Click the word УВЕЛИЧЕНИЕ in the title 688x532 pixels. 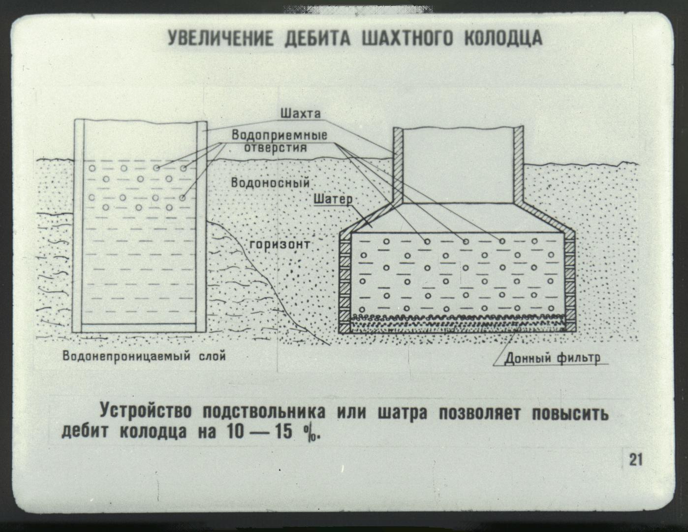tap(220, 39)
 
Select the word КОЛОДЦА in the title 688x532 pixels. tap(503, 39)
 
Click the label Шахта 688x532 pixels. tap(301, 113)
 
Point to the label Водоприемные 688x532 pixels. tap(279, 135)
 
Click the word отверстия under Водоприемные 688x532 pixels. tap(276, 148)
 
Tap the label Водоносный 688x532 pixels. tap(270, 183)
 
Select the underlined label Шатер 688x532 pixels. tap(333, 199)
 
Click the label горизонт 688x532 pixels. tap(280, 244)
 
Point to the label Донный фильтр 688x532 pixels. tap(552, 358)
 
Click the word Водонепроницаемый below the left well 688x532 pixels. tap(126, 356)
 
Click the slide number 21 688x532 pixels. tap(636, 460)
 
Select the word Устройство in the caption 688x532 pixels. tap(146, 412)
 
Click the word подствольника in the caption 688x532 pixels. tap(264, 412)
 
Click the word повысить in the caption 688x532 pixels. tap(570, 412)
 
